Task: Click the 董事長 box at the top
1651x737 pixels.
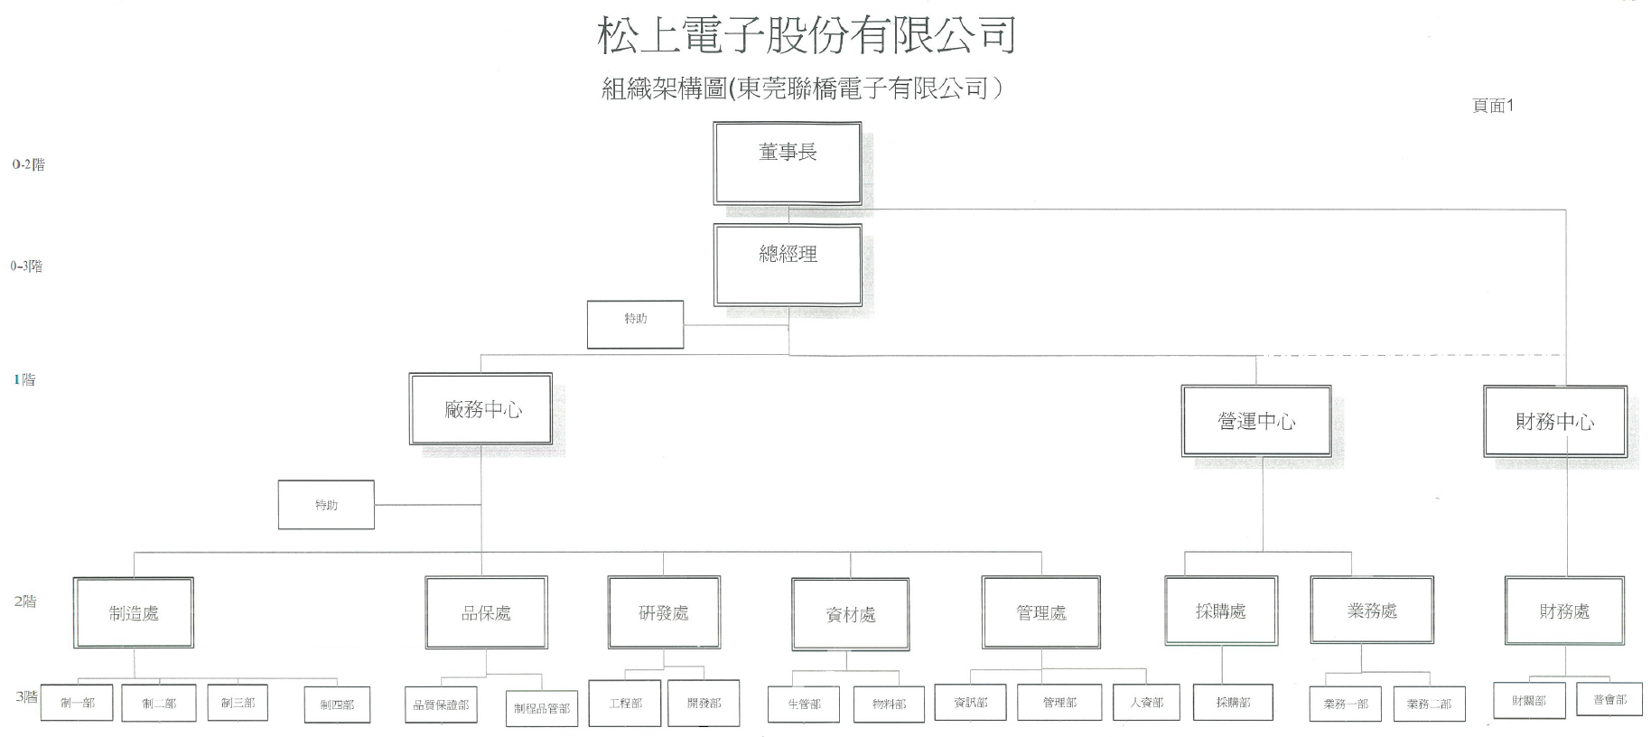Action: (787, 163)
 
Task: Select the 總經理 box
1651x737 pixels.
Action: (787, 265)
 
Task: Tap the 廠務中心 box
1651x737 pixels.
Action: (480, 409)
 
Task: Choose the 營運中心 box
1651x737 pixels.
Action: (1255, 421)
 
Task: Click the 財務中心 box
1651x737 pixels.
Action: (1554, 421)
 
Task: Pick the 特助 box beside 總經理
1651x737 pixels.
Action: (635, 324)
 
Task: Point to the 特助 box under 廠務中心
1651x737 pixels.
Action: (326, 504)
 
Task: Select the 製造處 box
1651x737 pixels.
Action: (134, 612)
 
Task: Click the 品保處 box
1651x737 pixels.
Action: (486, 612)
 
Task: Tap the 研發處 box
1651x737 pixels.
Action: (664, 612)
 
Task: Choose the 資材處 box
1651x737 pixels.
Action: (850, 614)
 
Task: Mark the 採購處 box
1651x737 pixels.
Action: (1221, 611)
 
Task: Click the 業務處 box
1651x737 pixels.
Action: (1371, 611)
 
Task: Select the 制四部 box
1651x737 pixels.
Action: (337, 704)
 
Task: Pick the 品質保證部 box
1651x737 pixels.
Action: (441, 704)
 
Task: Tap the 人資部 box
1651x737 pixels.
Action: (1146, 702)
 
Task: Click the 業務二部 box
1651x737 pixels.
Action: (1429, 704)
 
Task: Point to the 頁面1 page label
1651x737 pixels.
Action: (1492, 106)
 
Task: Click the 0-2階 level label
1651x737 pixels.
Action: (28, 164)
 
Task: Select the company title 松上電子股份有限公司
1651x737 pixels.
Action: (807, 36)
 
